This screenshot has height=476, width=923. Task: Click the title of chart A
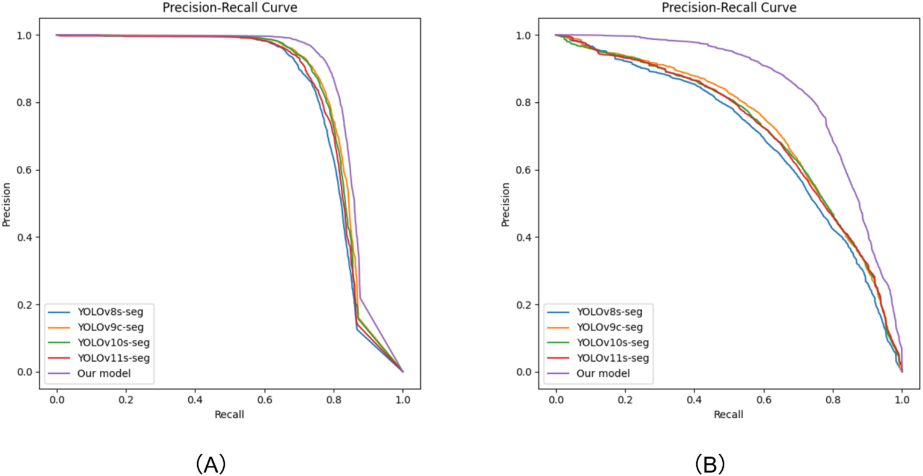[230, 8]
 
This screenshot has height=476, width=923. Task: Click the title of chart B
[729, 8]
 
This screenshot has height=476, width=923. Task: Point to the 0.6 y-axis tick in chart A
[25, 170]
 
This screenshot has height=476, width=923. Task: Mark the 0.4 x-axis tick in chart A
[195, 400]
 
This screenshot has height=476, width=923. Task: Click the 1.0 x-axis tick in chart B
[902, 400]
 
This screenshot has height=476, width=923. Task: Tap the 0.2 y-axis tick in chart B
[524, 305]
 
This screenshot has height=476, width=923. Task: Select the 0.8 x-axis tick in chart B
[833, 400]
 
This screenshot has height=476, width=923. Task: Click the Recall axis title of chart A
[230, 414]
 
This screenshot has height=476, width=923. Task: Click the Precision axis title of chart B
[506, 204]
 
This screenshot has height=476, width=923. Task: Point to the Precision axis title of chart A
[7, 204]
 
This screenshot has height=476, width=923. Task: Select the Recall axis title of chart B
[729, 414]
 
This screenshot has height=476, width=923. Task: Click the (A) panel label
[210, 464]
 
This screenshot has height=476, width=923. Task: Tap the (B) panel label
[710, 464]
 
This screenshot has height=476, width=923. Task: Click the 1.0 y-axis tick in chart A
[25, 35]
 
